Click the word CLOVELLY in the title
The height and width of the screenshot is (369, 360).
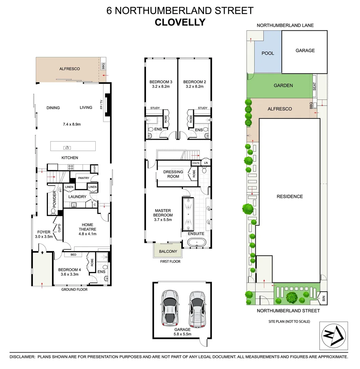tap(180, 22)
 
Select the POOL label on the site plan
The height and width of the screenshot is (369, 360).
tap(268, 53)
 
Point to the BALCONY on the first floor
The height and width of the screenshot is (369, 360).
tap(168, 252)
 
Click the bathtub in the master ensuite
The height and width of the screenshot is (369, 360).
tap(197, 243)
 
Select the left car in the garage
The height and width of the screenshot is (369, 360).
tap(170, 309)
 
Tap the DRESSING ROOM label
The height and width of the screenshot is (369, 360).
tap(173, 174)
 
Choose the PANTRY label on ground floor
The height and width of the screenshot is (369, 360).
tap(84, 178)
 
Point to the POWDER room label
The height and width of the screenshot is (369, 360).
tap(54, 202)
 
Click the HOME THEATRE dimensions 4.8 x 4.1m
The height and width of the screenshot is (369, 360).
tap(87, 234)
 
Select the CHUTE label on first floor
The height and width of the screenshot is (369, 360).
tap(196, 163)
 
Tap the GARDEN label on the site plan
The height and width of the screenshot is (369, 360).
tap(283, 85)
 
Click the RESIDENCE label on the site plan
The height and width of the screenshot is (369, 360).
tap(290, 196)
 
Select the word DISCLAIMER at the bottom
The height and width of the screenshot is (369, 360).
tap(22, 356)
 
